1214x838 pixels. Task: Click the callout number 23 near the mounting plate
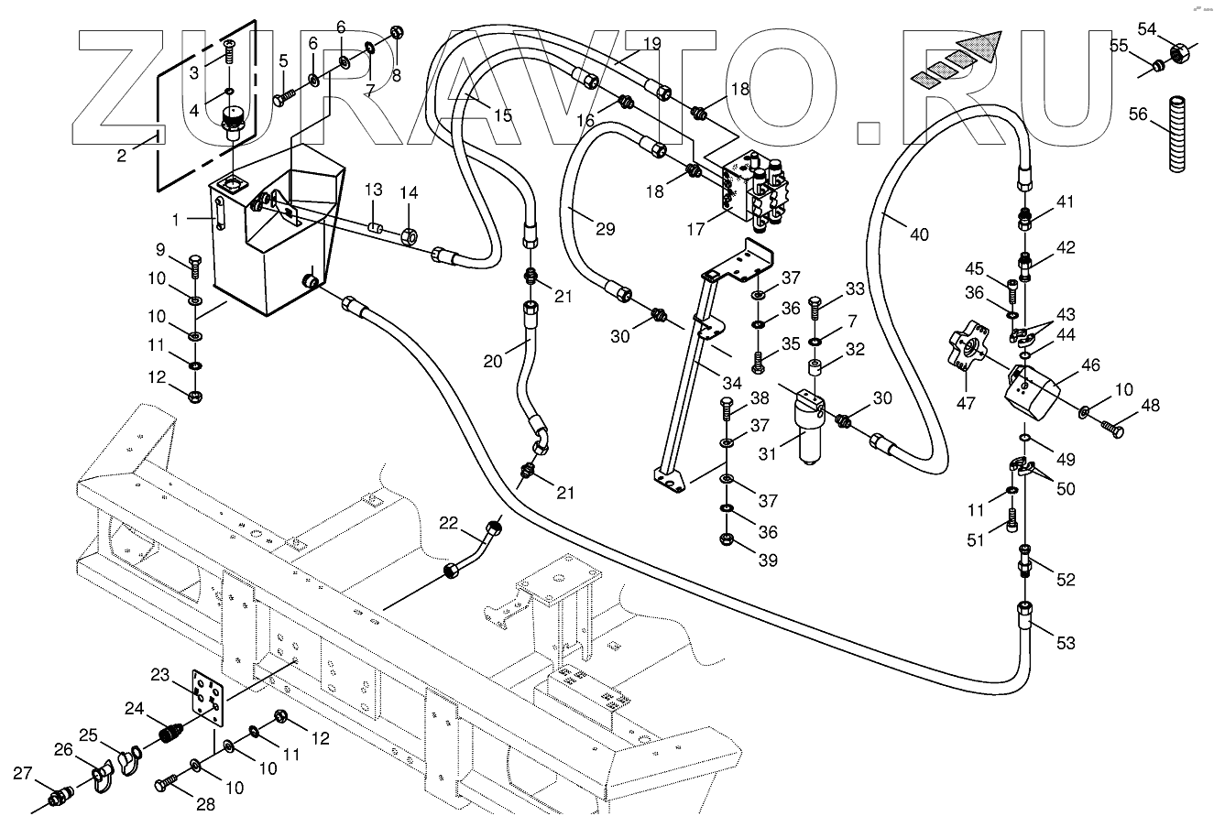161,675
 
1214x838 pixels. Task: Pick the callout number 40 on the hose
919,234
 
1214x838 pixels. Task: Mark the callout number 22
449,522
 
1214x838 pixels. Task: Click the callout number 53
1065,643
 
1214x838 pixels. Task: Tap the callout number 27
23,773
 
